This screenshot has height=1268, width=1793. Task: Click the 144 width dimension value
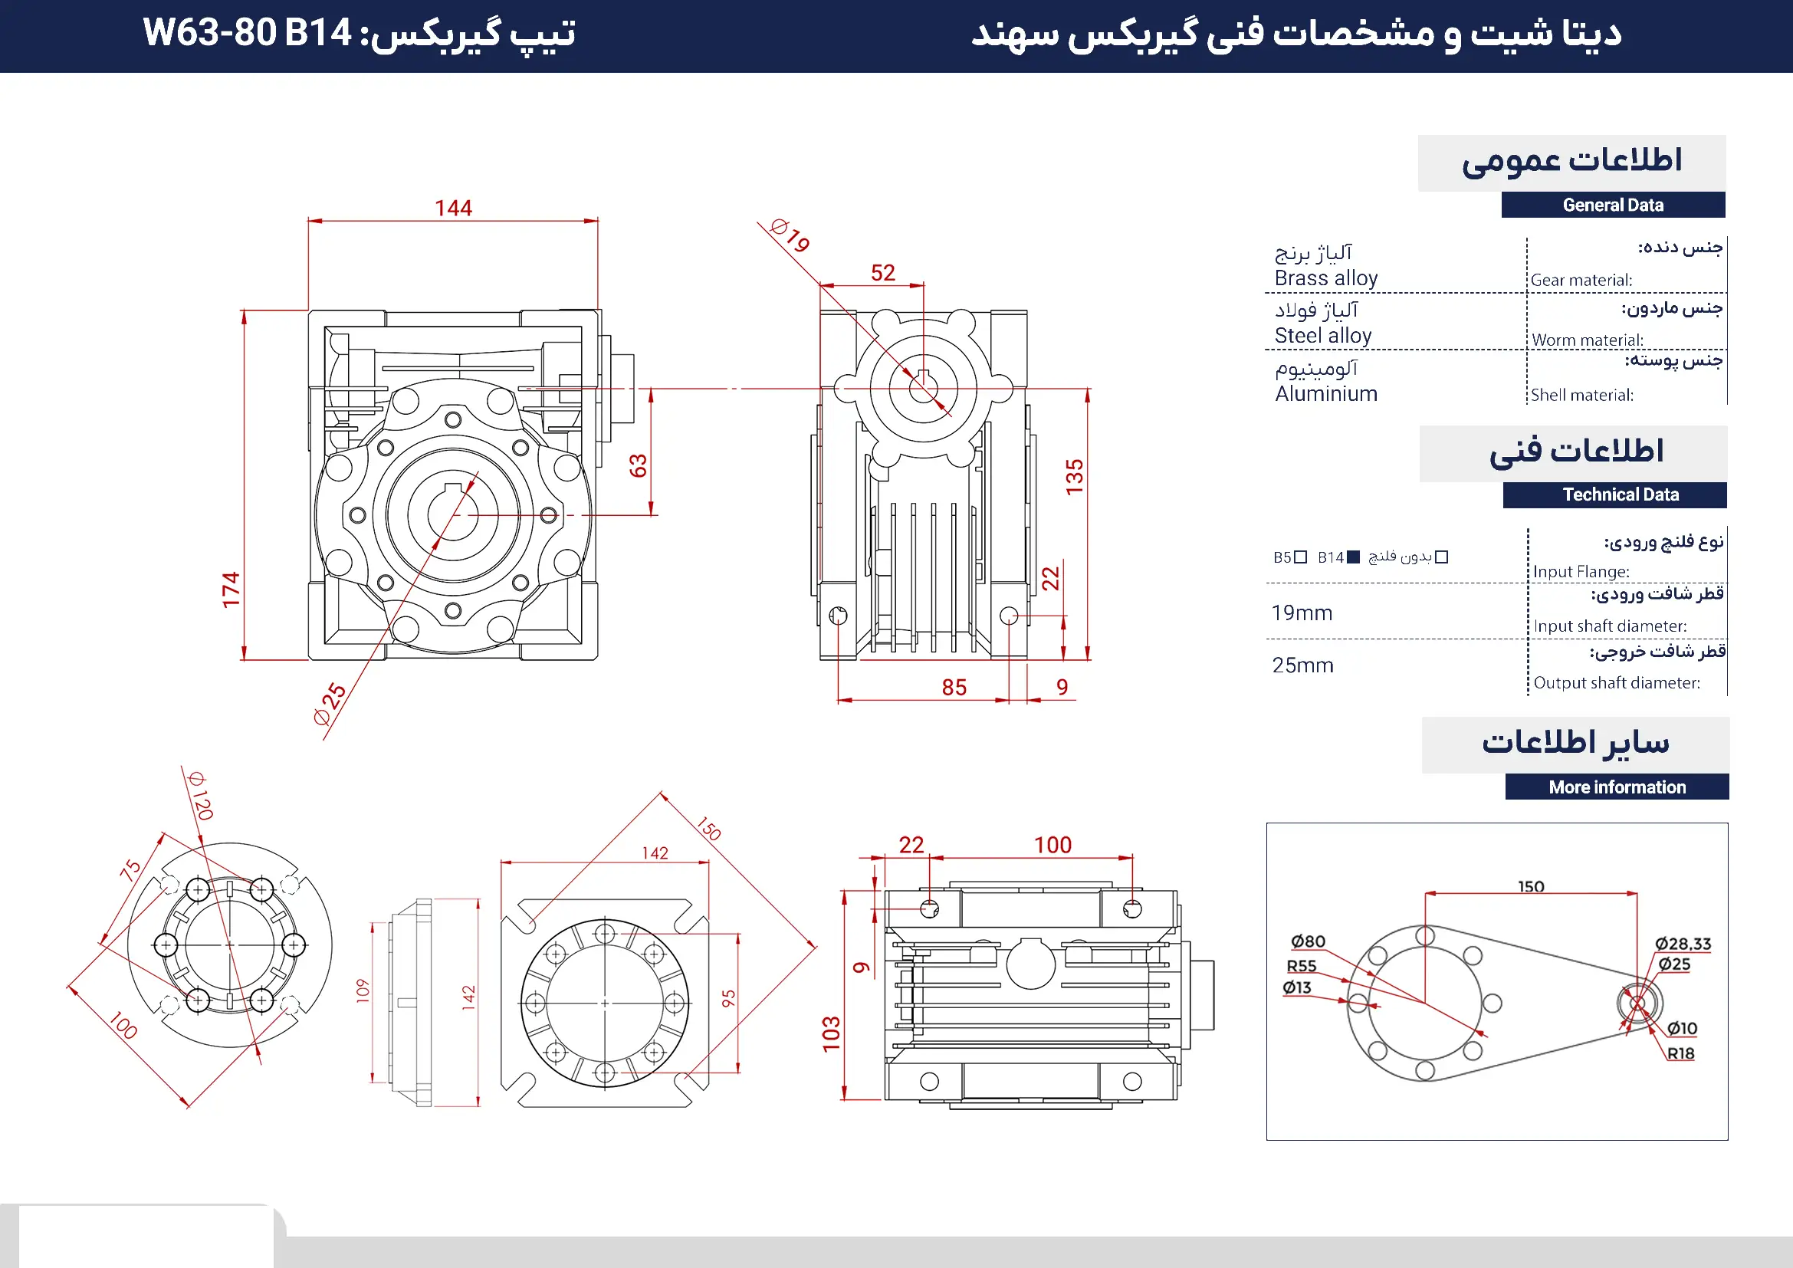point(453,208)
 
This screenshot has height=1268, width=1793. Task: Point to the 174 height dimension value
point(232,590)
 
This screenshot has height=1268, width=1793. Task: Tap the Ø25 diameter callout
point(330,703)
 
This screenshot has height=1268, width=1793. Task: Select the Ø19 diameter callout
point(790,235)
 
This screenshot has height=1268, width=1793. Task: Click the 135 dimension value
point(1075,476)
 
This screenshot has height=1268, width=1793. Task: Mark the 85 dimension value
point(954,687)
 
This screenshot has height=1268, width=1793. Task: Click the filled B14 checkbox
point(1353,557)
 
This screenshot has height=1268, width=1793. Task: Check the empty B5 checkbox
point(1300,557)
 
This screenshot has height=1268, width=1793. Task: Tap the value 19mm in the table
point(1302,613)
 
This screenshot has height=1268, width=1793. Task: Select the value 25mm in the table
point(1302,665)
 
